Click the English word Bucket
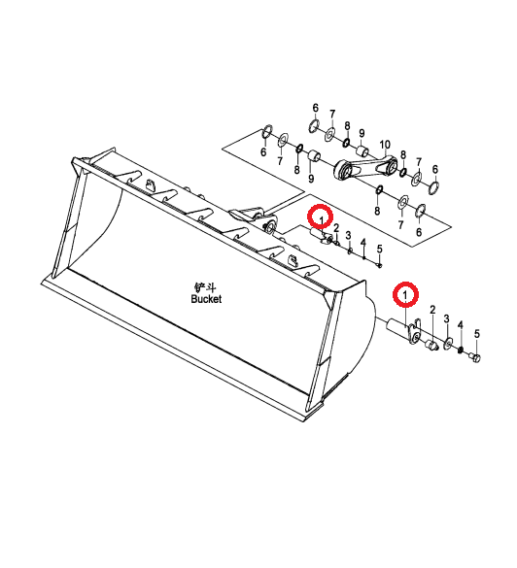pyautogui.click(x=206, y=299)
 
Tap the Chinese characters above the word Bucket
pyautogui.click(x=205, y=288)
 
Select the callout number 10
pyautogui.click(x=385, y=145)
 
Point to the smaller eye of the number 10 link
pyautogui.click(x=393, y=167)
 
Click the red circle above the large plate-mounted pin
pyautogui.click(x=405, y=294)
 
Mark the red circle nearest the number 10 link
pyautogui.click(x=320, y=217)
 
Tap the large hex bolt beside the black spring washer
pyautogui.click(x=474, y=357)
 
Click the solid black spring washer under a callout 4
pyautogui.click(x=461, y=350)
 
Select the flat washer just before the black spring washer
pyautogui.click(x=448, y=343)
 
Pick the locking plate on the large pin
pyautogui.click(x=414, y=331)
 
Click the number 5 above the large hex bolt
pyautogui.click(x=477, y=334)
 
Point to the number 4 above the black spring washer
pyautogui.click(x=461, y=325)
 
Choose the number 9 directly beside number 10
pyautogui.click(x=362, y=133)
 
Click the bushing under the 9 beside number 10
pyautogui.click(x=362, y=150)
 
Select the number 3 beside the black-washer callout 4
pyautogui.click(x=446, y=318)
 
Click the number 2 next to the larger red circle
pyautogui.click(x=432, y=310)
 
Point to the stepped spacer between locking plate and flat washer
pyautogui.click(x=431, y=345)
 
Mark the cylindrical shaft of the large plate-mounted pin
pyautogui.click(x=397, y=325)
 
